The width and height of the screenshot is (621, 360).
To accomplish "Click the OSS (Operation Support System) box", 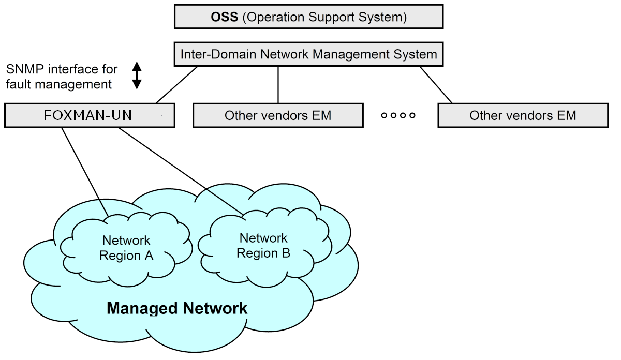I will [308, 17].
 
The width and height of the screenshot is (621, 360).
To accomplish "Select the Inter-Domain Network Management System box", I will [309, 54].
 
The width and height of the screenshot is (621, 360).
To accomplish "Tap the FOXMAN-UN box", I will [90, 115].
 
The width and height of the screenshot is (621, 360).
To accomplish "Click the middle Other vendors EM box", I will [277, 115].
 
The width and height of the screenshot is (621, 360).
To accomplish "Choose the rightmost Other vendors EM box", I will [523, 115].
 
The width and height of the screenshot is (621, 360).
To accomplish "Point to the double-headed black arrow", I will [137, 76].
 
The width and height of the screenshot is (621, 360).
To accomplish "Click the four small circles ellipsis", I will [398, 115].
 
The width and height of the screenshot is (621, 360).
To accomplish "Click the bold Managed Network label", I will [177, 309].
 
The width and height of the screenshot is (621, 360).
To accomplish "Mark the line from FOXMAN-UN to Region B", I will [181, 171].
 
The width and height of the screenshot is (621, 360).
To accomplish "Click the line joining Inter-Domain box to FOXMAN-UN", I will [177, 84].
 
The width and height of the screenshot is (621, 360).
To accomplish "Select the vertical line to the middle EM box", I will [278, 84].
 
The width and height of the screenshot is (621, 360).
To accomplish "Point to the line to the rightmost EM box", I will [436, 84].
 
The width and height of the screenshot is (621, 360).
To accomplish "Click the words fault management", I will [60, 84].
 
